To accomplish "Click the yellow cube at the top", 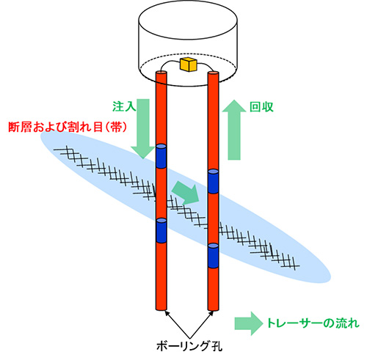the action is (x=188, y=65).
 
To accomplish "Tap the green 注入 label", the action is (x=124, y=106).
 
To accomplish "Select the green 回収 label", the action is (x=261, y=107).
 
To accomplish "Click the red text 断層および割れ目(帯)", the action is (x=68, y=127).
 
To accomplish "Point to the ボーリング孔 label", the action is (x=189, y=345).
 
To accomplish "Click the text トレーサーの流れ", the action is (x=313, y=323).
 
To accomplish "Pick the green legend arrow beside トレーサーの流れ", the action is (x=249, y=323).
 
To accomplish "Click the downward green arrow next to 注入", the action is (x=143, y=129).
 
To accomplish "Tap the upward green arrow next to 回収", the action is (x=234, y=130).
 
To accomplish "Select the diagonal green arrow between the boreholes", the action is (x=186, y=193).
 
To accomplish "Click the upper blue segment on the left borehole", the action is (x=161, y=156).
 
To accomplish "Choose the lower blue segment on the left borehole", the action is (x=161, y=231).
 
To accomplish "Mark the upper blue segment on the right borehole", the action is (x=213, y=181).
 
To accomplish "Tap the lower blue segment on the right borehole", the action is (x=213, y=256).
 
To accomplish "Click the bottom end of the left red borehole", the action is (x=161, y=309).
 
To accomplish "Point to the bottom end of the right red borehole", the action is (x=213, y=310).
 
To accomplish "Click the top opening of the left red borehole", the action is (x=161, y=73).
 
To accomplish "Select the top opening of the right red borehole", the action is (x=213, y=73).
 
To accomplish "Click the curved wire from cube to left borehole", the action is (x=168, y=64).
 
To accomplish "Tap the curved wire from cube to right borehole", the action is (x=206, y=65).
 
